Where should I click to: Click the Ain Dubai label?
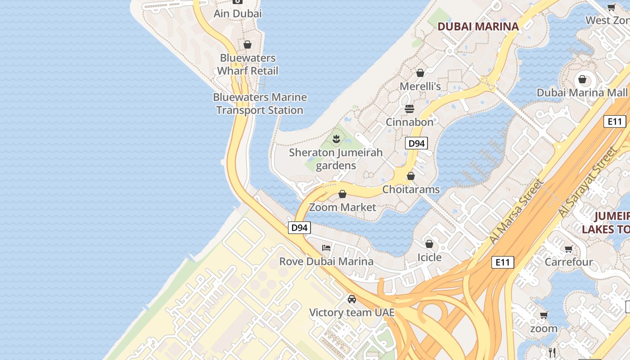tap(237, 13)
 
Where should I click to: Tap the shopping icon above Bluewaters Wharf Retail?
tap(247, 45)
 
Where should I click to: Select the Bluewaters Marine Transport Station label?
tap(260, 103)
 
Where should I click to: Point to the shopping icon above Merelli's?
tap(420, 73)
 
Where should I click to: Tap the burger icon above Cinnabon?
tap(409, 109)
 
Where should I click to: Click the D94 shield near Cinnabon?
tap(416, 144)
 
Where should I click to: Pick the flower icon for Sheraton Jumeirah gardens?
tap(336, 139)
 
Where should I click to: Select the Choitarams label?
tap(411, 189)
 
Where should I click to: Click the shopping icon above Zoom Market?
tap(342, 194)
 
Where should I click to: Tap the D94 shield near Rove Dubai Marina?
tap(299, 228)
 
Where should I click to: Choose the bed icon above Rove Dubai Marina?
tap(326, 248)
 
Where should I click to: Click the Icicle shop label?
tap(429, 257)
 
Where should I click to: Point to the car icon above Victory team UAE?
tap(351, 299)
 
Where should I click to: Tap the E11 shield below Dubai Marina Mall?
tap(614, 121)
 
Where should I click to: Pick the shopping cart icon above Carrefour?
tap(568, 249)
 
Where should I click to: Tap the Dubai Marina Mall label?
tap(581, 93)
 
